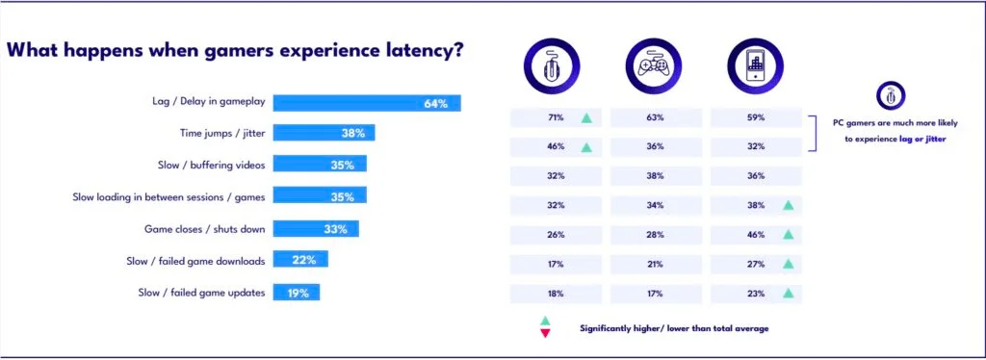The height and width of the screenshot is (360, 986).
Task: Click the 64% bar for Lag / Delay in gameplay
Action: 367,103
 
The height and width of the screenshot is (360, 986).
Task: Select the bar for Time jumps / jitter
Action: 324,134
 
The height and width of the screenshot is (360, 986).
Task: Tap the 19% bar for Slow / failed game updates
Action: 296,293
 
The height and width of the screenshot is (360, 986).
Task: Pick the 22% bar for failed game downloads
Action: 300,260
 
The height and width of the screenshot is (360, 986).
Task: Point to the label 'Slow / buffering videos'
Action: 211,166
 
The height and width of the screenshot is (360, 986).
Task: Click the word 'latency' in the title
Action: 415,50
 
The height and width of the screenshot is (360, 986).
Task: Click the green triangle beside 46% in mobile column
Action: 787,234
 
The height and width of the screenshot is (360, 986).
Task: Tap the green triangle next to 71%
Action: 585,118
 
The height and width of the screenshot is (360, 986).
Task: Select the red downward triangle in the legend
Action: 545,333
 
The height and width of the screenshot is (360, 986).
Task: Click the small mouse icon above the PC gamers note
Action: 889,95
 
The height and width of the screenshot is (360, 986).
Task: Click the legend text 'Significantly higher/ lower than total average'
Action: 674,328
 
